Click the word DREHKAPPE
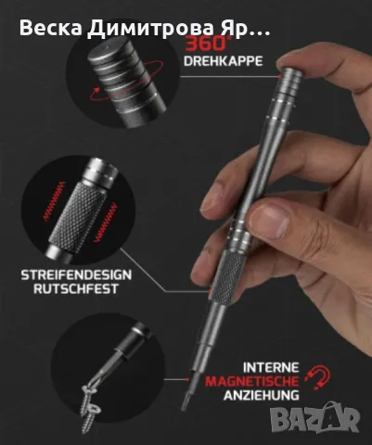223,61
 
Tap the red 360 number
204,44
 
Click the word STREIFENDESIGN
76,274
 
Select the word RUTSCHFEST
76,288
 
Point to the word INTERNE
271,368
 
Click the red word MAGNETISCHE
252,381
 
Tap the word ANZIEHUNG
262,395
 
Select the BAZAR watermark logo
314,418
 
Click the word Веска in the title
51,28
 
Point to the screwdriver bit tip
186,401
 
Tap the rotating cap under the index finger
289,81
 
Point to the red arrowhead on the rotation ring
96,92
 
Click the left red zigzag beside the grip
54,201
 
